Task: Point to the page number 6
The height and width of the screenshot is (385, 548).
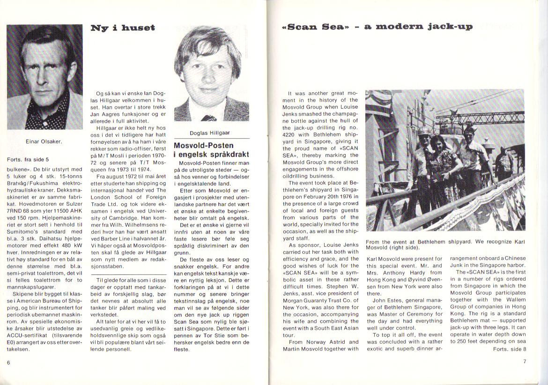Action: [x=8, y=363]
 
